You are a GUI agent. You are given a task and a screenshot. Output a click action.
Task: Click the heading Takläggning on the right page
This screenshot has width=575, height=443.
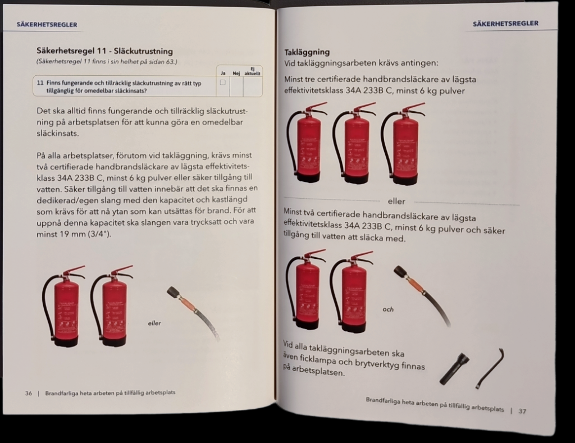(307, 52)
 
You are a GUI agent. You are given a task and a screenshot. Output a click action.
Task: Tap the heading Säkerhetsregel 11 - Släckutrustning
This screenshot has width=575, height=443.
(104, 51)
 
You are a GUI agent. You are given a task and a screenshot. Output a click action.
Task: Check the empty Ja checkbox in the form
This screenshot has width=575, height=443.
(222, 83)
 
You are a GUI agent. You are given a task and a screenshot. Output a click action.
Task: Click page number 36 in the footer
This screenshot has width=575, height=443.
(28, 393)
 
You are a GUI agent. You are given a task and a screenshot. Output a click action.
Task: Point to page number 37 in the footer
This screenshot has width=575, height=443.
(522, 411)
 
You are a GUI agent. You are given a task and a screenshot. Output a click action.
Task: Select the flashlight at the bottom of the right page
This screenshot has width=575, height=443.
(454, 368)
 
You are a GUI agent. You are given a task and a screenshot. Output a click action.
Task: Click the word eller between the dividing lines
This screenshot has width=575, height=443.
(396, 201)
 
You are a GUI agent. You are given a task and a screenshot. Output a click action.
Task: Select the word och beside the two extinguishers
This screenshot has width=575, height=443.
(388, 309)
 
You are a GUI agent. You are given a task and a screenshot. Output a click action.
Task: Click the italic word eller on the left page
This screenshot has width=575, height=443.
(154, 323)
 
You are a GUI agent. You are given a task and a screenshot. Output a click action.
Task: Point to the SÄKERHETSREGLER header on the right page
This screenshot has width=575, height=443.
(505, 24)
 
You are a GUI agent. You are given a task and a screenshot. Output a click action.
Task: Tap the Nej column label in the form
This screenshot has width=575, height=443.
(236, 73)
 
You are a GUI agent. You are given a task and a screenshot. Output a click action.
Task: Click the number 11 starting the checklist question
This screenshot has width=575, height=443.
(40, 82)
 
